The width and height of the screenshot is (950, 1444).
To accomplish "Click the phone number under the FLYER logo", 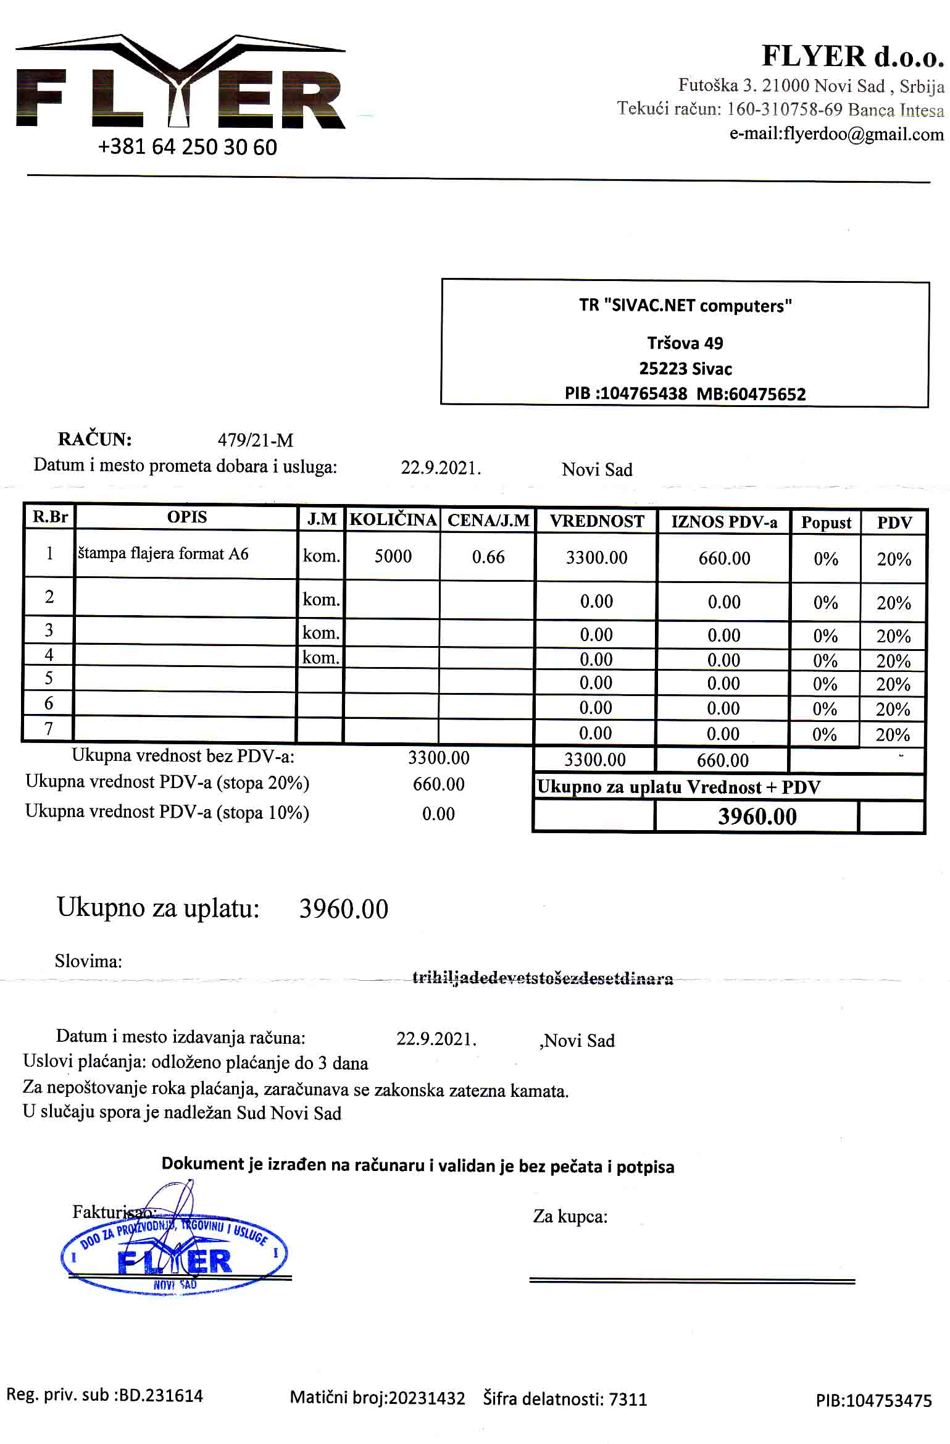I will pyautogui.click(x=187, y=147).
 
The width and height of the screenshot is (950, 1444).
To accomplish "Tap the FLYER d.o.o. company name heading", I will pyautogui.click(x=852, y=56).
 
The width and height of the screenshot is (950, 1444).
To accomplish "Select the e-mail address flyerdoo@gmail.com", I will pyautogui.click(x=836, y=134).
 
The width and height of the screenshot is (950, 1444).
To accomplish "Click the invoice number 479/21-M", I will pyautogui.click(x=255, y=440).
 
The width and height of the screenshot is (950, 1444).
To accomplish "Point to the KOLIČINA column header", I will pyautogui.click(x=393, y=519).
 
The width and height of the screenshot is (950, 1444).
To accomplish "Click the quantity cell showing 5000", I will pyautogui.click(x=393, y=556).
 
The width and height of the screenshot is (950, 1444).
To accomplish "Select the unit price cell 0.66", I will pyautogui.click(x=488, y=557).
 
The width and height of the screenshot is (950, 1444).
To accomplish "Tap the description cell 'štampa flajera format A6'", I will pyautogui.click(x=163, y=553).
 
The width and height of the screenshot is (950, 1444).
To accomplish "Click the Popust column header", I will pyautogui.click(x=825, y=523).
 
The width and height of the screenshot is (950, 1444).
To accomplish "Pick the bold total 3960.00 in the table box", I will pyautogui.click(x=757, y=816).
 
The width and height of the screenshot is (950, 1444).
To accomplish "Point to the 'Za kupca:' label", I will pyautogui.click(x=570, y=1217).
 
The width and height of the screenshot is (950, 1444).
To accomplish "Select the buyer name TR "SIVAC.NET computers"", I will pyautogui.click(x=685, y=306).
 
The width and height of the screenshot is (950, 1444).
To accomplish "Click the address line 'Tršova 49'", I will pyautogui.click(x=685, y=343).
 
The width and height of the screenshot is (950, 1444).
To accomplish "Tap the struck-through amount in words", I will pyautogui.click(x=543, y=978).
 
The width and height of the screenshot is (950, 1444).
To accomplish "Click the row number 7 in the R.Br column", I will pyautogui.click(x=49, y=729).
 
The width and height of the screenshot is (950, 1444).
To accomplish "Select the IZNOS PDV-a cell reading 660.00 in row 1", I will pyautogui.click(x=724, y=558).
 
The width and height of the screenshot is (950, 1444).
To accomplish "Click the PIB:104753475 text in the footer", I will pyautogui.click(x=873, y=1401).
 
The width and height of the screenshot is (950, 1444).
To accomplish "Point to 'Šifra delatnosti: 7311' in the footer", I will pyautogui.click(x=565, y=1399).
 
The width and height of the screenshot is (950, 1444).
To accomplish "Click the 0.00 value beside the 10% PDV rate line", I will pyautogui.click(x=438, y=814).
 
